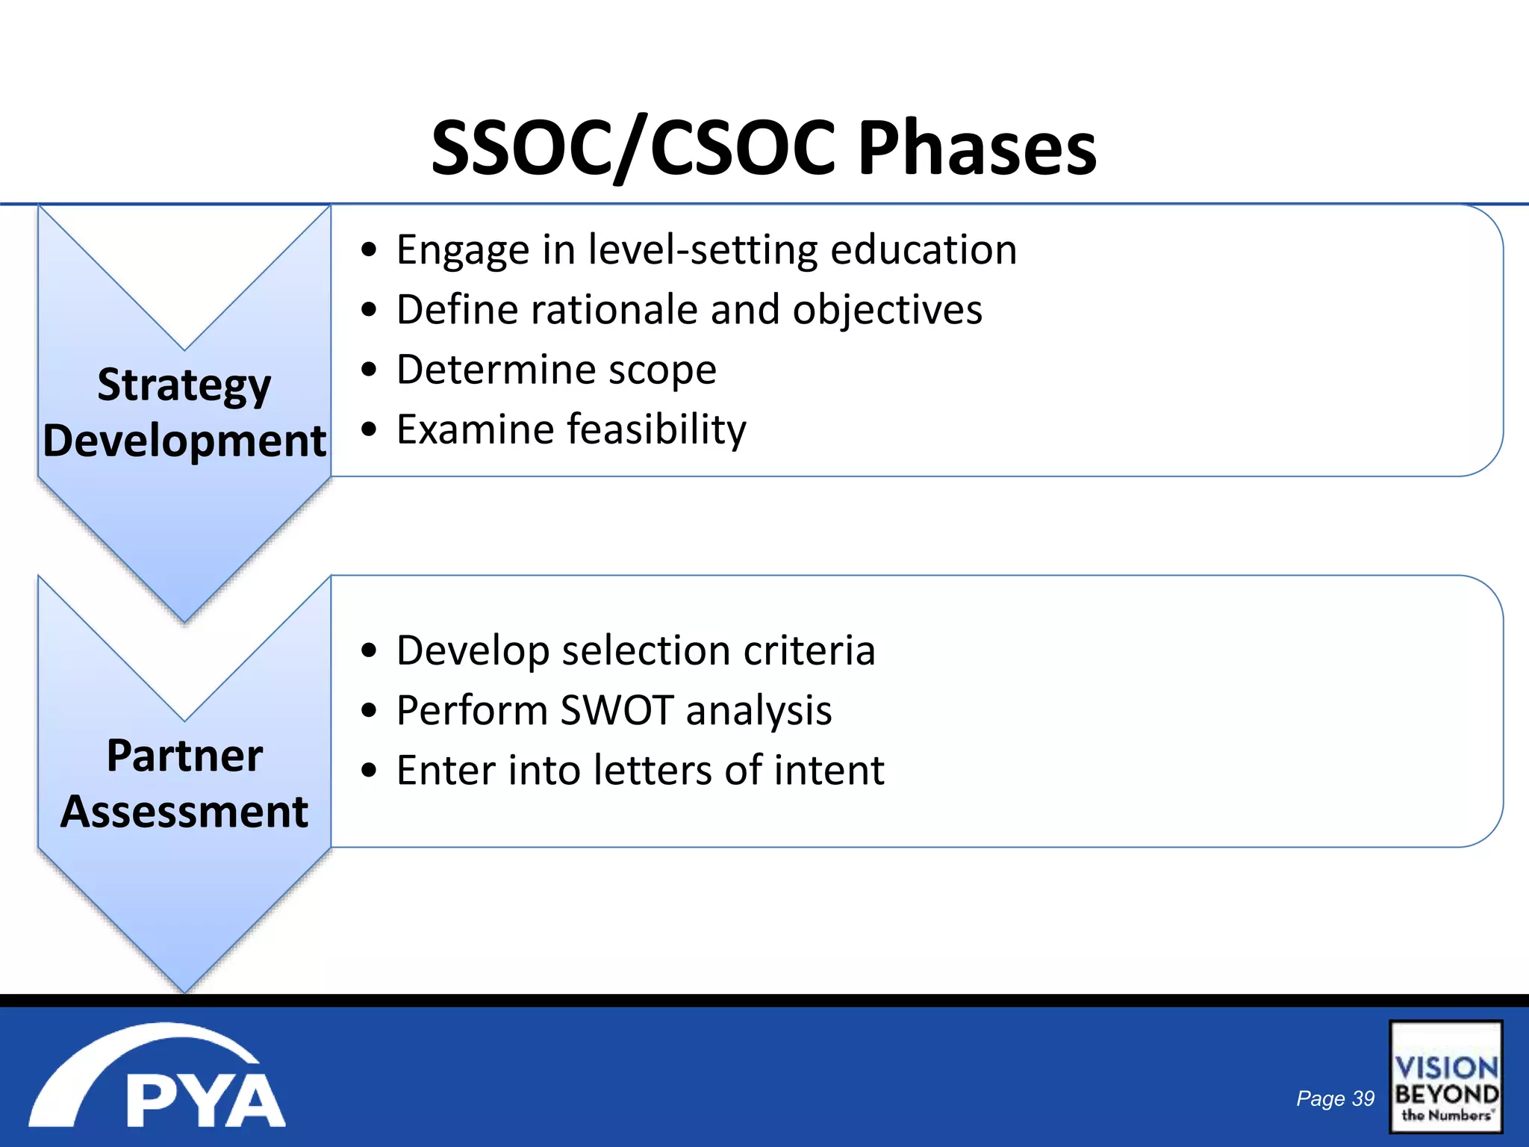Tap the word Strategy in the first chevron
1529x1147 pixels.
[184, 385]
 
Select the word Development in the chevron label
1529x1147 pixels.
[184, 441]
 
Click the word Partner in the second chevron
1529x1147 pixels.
[184, 756]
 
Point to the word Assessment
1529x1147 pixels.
[184, 812]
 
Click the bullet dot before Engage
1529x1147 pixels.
[369, 251]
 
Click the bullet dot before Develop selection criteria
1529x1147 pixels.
[369, 651]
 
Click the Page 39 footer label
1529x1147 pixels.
[1335, 1098]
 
